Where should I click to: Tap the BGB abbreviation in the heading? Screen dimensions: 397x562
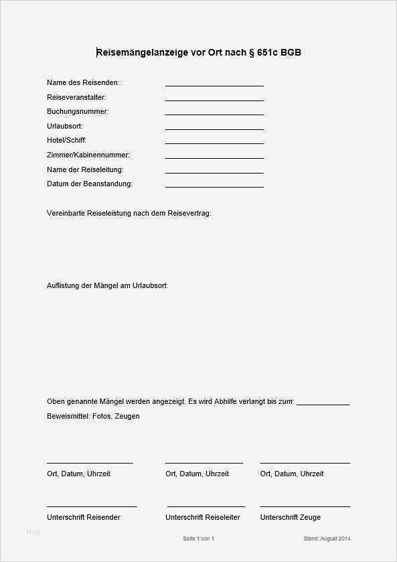[x=291, y=52]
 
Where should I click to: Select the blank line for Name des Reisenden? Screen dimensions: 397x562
[x=214, y=85]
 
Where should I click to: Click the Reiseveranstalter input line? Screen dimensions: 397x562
[x=214, y=100]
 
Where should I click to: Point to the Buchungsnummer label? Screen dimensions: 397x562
[x=78, y=111]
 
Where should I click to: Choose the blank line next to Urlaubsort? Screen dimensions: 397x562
[x=214, y=129]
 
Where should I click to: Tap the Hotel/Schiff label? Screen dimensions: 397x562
[x=66, y=140]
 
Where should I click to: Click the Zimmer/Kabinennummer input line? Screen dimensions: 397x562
[x=214, y=157]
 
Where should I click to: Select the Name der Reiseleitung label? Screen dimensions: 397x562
[x=85, y=169]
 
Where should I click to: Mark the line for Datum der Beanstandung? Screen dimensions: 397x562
[x=214, y=186]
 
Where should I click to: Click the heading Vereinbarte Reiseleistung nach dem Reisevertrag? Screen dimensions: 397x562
[x=129, y=213]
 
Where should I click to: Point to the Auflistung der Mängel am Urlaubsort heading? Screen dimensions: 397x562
[x=107, y=285]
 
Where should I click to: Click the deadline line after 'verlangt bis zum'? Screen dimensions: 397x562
[x=323, y=405]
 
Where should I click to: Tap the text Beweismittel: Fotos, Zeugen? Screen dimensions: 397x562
[x=93, y=416]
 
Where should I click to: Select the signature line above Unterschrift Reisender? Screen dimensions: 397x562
[x=92, y=506]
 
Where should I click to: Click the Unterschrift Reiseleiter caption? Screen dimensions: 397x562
[x=202, y=517]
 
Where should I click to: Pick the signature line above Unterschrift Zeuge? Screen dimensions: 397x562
[x=305, y=506]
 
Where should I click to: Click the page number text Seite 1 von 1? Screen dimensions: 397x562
[x=198, y=539]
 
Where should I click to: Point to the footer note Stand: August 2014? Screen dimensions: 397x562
[x=327, y=539]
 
